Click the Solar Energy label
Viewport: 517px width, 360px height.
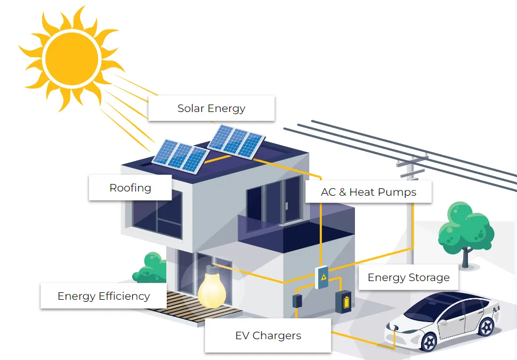[211, 108]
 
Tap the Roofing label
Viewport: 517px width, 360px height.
[130, 188]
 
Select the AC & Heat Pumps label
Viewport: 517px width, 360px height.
[368, 192]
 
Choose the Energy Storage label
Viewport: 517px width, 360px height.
[408, 277]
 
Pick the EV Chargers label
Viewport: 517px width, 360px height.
[268, 335]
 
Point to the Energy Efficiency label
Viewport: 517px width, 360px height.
[103, 296]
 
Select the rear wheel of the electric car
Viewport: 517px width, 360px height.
[487, 326]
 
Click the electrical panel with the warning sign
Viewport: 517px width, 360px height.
[322, 277]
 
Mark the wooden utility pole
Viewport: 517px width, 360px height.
[410, 208]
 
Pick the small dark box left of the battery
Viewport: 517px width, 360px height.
[297, 300]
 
